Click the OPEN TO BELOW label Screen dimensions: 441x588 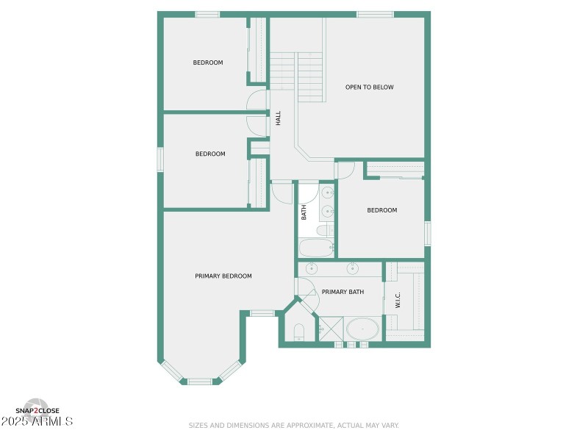pyautogui.click(x=369, y=87)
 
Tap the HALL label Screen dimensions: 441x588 pyautogui.click(x=279, y=118)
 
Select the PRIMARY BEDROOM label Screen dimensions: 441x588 pyautogui.click(x=223, y=276)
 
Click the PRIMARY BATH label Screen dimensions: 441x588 pyautogui.click(x=343, y=293)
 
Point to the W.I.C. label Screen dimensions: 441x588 pyautogui.click(x=398, y=301)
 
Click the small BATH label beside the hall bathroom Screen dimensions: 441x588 pyautogui.click(x=304, y=212)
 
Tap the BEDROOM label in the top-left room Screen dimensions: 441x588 pyautogui.click(x=208, y=62)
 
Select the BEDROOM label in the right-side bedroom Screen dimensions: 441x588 pyautogui.click(x=382, y=210)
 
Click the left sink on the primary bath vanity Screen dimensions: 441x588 pyautogui.click(x=312, y=268)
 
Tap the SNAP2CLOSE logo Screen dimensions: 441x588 pyautogui.click(x=37, y=411)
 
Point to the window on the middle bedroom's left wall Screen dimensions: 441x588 pyautogui.click(x=159, y=159)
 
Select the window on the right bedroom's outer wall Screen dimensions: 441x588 pyautogui.click(x=427, y=232)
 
